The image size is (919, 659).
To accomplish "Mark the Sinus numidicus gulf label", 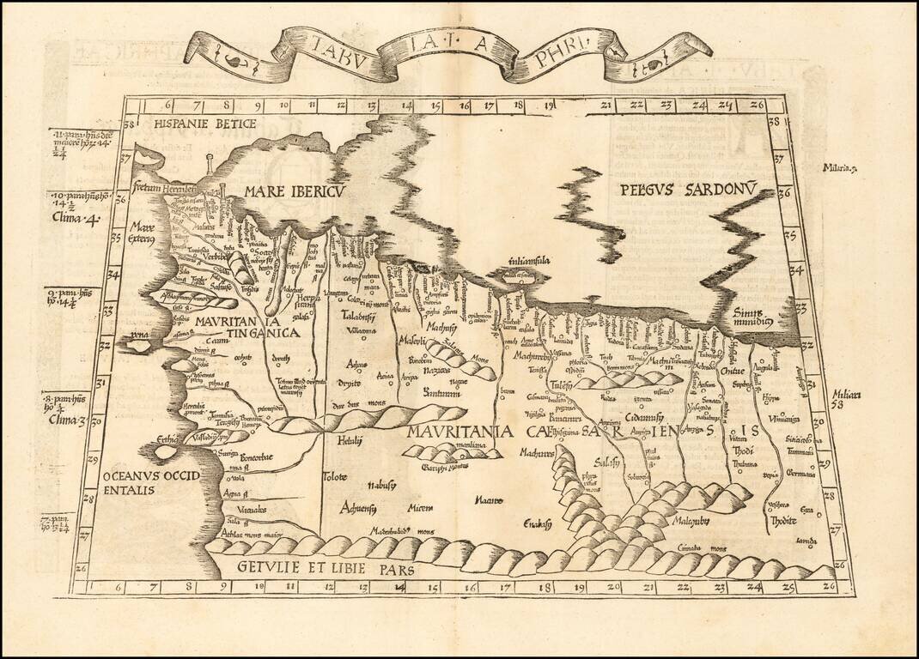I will [754, 319].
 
